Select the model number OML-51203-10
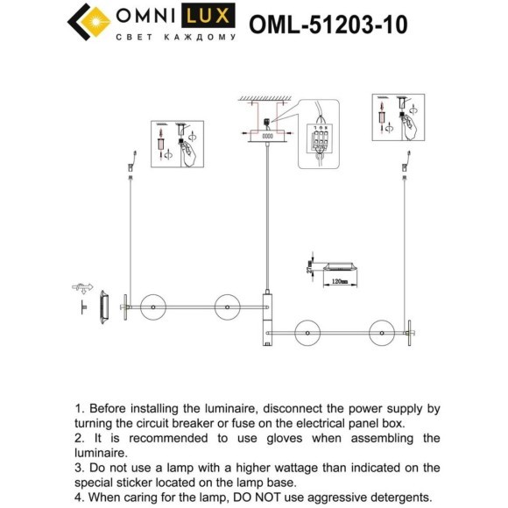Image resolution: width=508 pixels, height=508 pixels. click(328, 24)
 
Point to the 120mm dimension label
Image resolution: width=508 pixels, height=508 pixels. click(339, 281)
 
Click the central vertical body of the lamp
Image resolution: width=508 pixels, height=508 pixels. click(266, 321)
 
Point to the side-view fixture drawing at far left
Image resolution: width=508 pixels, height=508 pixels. click(104, 308)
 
